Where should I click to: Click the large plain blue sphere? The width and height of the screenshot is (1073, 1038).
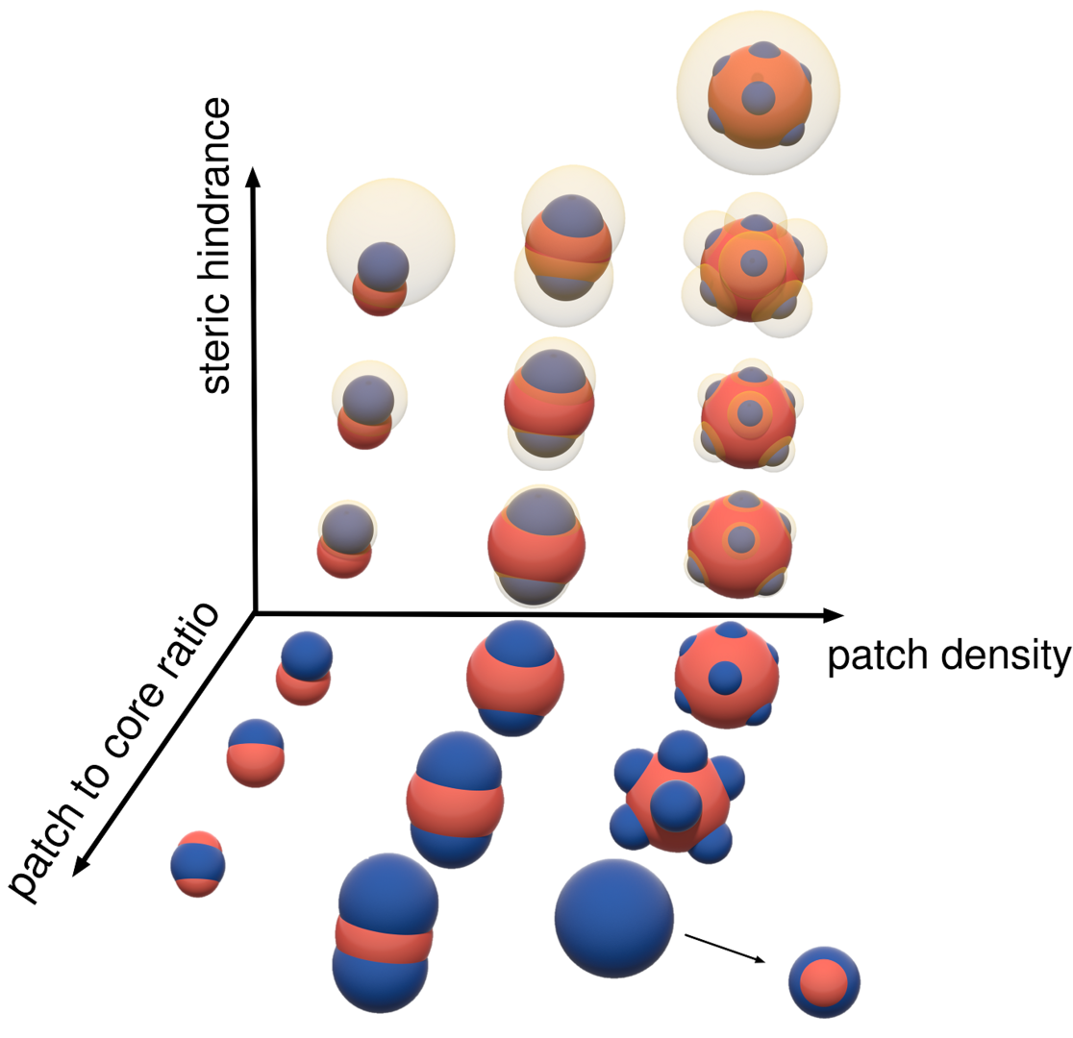pyautogui.click(x=613, y=918)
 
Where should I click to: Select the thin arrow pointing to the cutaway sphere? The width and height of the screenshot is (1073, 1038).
pyautogui.click(x=726, y=947)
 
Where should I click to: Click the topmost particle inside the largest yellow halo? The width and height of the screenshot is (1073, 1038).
pyautogui.click(x=759, y=94)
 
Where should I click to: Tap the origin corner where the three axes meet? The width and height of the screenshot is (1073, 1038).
pyautogui.click(x=256, y=611)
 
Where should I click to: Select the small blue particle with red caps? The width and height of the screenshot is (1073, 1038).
pyautogui.click(x=198, y=863)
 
